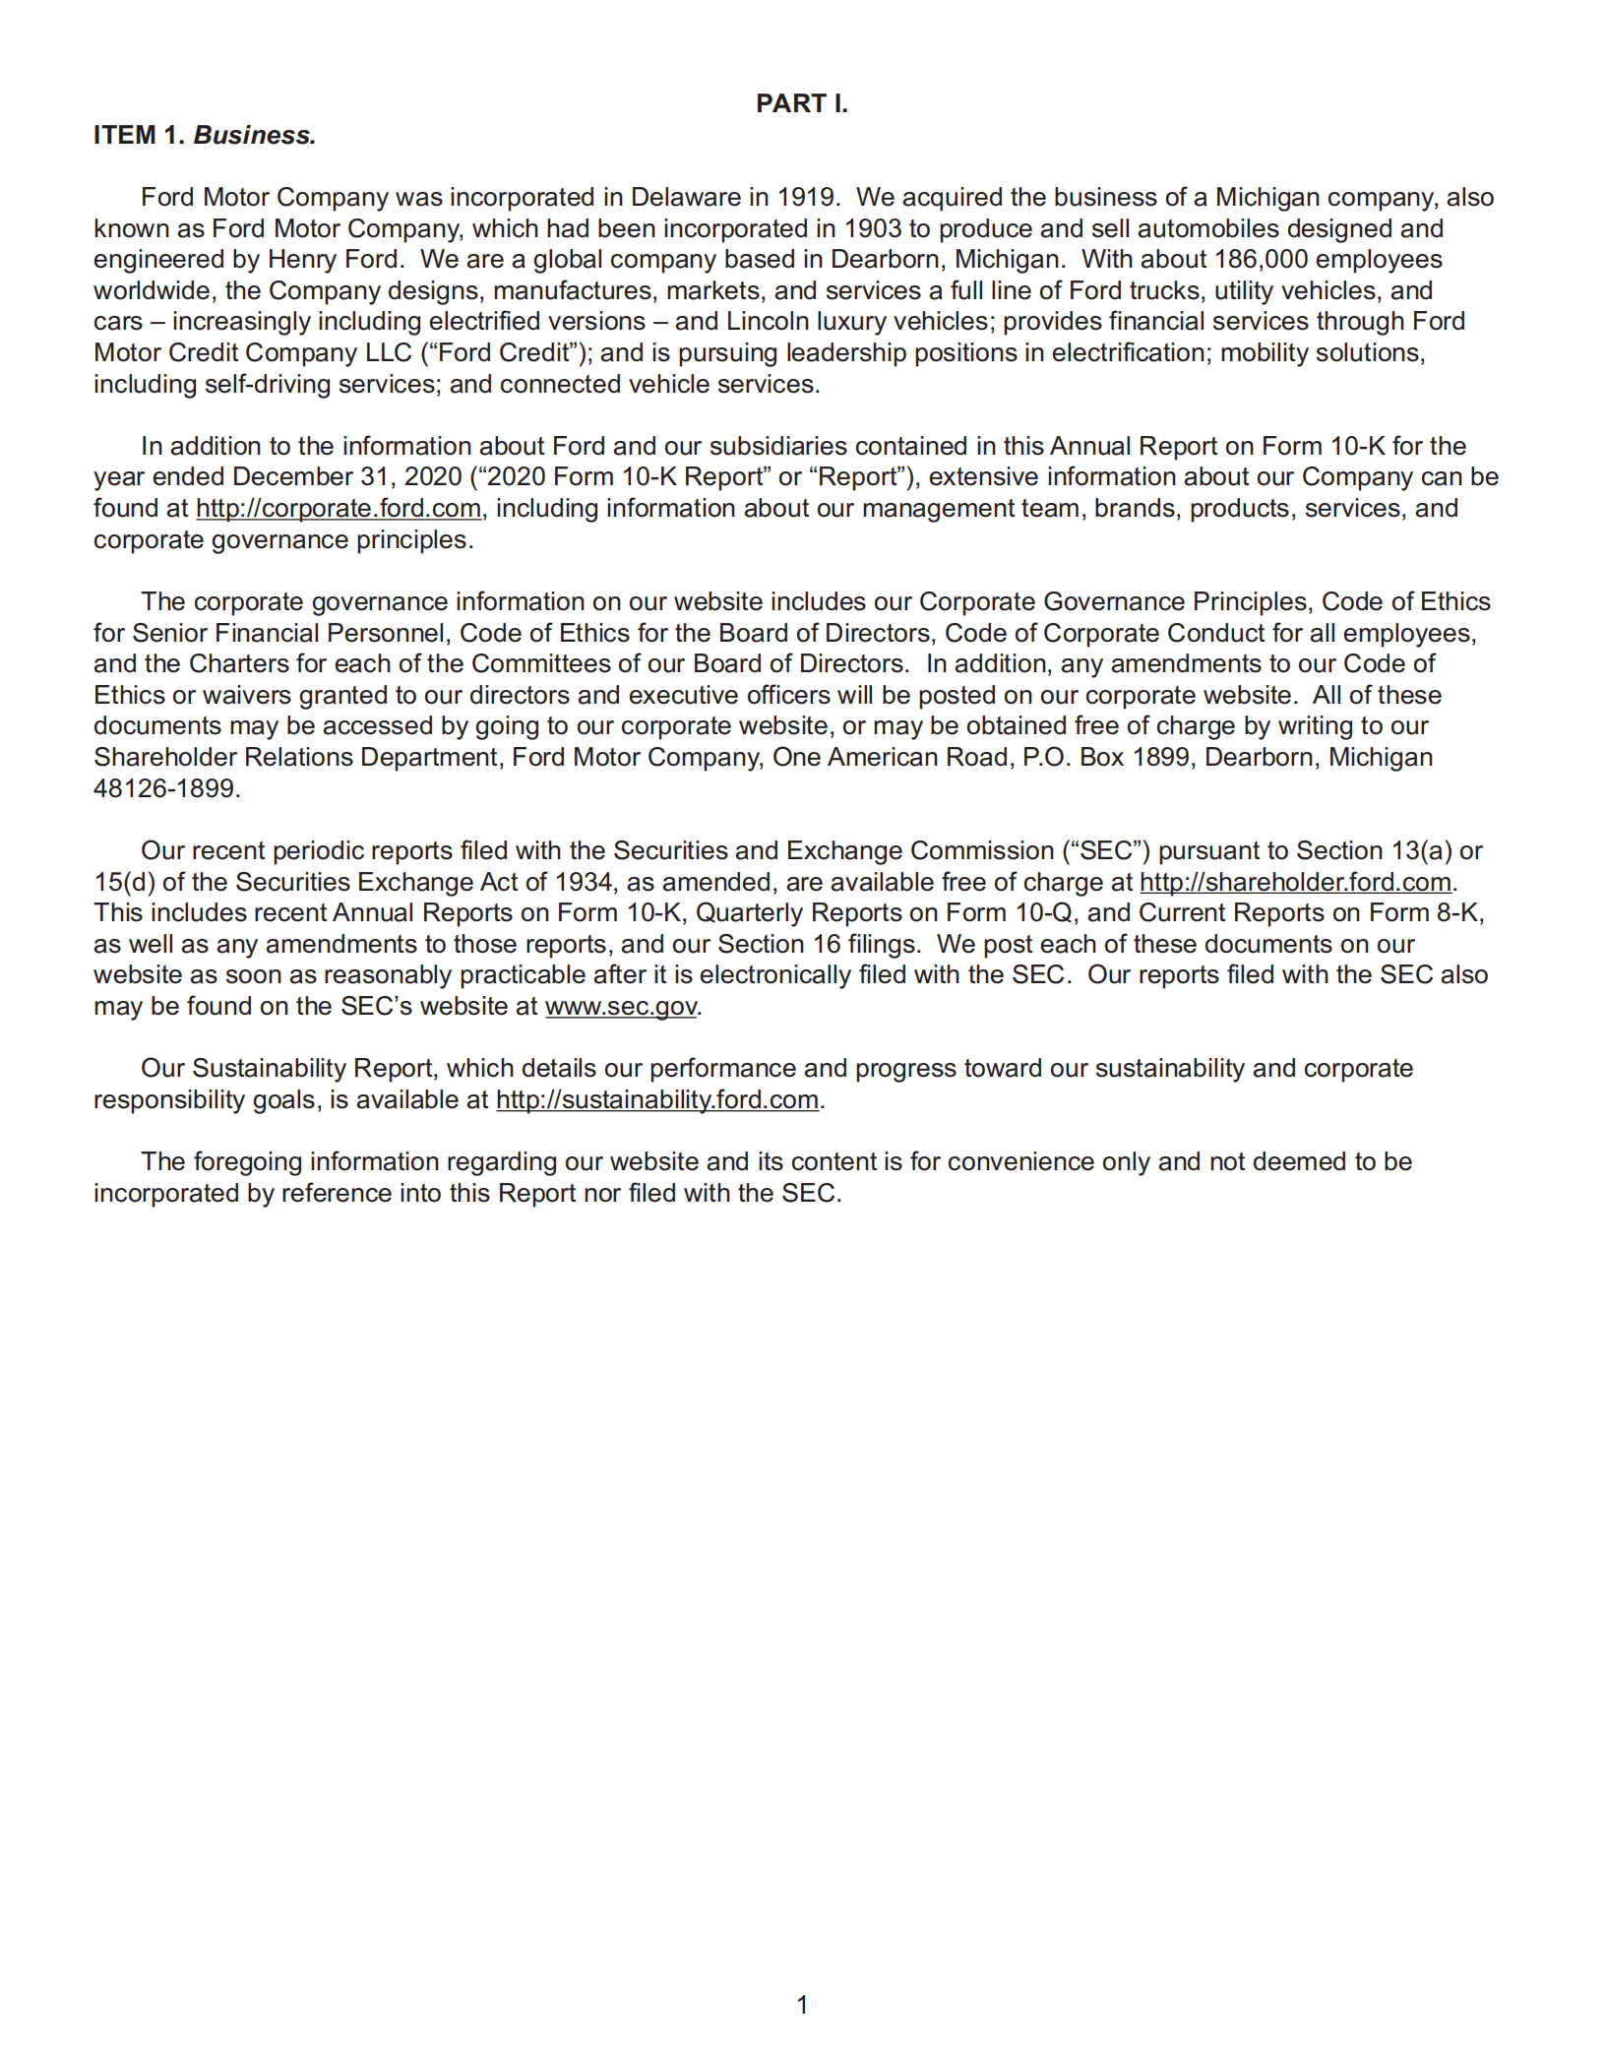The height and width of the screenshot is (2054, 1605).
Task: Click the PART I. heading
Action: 801,103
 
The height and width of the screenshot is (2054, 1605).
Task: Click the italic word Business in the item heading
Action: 254,136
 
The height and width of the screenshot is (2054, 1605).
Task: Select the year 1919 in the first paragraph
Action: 807,197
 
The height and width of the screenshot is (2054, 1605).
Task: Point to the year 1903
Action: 872,228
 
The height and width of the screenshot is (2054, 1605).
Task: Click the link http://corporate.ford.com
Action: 339,509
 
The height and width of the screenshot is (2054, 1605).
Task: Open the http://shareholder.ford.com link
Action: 1295,882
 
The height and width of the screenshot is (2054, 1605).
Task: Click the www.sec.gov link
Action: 621,1007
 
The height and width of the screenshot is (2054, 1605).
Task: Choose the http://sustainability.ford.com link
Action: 656,1099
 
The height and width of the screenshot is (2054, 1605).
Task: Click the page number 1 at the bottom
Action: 802,2005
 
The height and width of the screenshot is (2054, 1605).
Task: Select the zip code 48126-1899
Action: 164,788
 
